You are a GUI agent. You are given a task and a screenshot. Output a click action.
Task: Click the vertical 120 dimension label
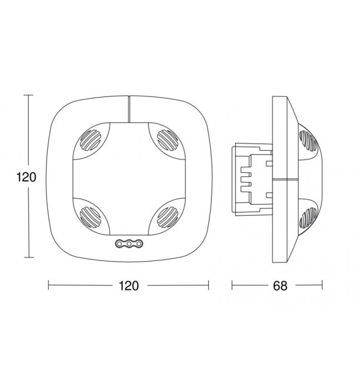click(x=26, y=177)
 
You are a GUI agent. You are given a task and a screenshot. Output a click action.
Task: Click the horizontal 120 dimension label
click(x=128, y=286)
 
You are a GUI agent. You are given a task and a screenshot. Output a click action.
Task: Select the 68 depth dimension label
click(x=280, y=286)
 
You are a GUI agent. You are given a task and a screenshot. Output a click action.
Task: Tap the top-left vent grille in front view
click(x=90, y=140)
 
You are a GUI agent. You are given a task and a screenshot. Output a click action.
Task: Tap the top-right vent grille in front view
click(x=168, y=140)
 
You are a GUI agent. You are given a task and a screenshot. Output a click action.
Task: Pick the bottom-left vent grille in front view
click(x=90, y=217)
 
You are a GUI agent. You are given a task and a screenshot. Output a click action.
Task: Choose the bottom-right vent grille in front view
click(x=168, y=217)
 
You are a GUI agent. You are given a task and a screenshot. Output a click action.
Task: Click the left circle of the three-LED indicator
click(x=119, y=244)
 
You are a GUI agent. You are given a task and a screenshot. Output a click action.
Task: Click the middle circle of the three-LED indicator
click(x=129, y=244)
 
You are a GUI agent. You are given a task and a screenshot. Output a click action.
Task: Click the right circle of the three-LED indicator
click(x=139, y=244)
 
